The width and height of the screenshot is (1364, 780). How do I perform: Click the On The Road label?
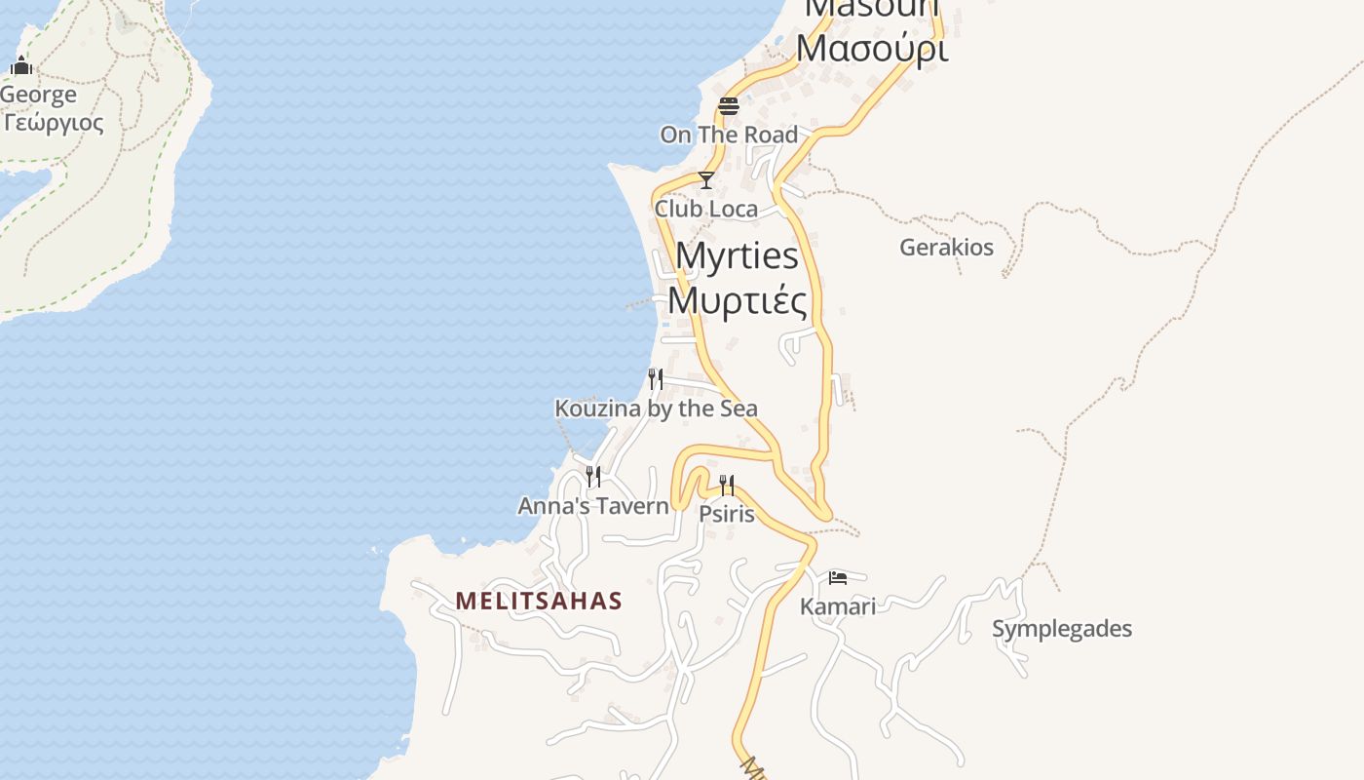tap(729, 135)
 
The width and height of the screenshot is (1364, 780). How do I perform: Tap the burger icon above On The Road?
tap(729, 105)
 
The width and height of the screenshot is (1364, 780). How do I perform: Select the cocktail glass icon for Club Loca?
tap(706, 180)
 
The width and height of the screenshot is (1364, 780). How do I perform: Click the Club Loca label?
tap(706, 209)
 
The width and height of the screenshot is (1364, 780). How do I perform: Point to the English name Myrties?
tap(737, 255)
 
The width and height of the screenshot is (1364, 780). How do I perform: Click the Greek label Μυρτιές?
tap(738, 300)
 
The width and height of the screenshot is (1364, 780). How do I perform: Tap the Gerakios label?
tap(946, 247)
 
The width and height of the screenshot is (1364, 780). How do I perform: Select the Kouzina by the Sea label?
tap(656, 409)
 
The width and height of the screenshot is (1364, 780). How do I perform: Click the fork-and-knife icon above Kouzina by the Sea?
tap(656, 378)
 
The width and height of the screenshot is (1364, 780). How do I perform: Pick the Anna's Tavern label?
tap(593, 506)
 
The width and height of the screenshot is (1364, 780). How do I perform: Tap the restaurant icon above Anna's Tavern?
tap(592, 476)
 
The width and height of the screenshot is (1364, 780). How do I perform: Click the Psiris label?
tap(727, 513)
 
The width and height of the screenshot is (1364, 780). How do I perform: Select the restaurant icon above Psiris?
tap(727, 485)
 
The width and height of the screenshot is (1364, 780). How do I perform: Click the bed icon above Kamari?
tap(837, 577)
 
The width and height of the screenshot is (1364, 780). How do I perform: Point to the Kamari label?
tap(837, 606)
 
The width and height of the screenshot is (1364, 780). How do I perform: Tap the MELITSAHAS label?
tap(539, 601)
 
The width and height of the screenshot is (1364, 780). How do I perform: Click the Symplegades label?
tap(1062, 629)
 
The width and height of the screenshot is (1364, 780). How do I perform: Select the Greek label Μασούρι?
tap(872, 48)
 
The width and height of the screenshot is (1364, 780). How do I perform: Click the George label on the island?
tap(38, 95)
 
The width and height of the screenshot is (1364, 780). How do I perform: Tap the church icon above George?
tap(21, 66)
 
